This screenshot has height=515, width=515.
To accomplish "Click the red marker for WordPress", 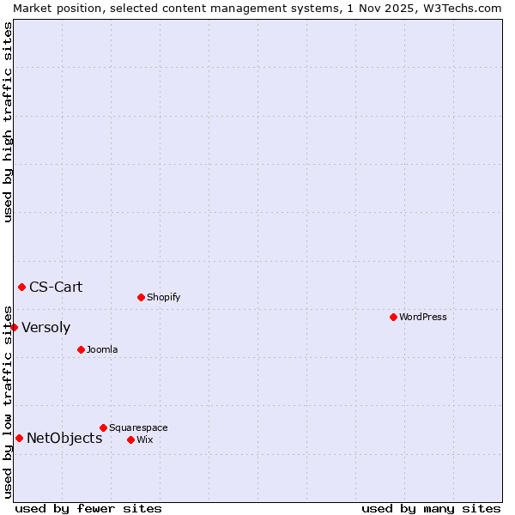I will [x=393, y=317].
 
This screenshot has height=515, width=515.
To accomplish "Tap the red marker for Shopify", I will [x=141, y=297].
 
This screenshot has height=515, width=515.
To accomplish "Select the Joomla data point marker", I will [x=81, y=349].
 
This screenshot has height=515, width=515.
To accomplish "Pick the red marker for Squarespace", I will [x=103, y=427].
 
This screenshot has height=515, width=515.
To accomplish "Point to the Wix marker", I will [x=130, y=439].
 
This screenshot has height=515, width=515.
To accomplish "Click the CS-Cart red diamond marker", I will [x=21, y=287].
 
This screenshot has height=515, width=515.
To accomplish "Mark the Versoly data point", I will [x=14, y=327].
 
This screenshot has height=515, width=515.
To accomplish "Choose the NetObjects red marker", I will [x=19, y=438].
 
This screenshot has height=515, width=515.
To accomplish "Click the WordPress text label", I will [x=423, y=317].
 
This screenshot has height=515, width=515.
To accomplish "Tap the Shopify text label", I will [x=163, y=297].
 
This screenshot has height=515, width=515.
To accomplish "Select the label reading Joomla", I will [x=102, y=349].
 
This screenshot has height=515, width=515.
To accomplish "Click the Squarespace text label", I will [x=138, y=427].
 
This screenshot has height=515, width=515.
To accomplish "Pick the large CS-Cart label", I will [x=56, y=287].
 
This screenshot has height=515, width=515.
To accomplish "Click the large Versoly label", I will [x=45, y=327].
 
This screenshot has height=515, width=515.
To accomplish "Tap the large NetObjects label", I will [x=64, y=438].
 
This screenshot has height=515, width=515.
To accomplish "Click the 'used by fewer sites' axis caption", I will [x=88, y=508].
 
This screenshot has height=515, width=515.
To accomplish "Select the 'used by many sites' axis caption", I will [x=431, y=508].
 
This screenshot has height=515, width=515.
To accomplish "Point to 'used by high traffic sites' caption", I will [x=8, y=122].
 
